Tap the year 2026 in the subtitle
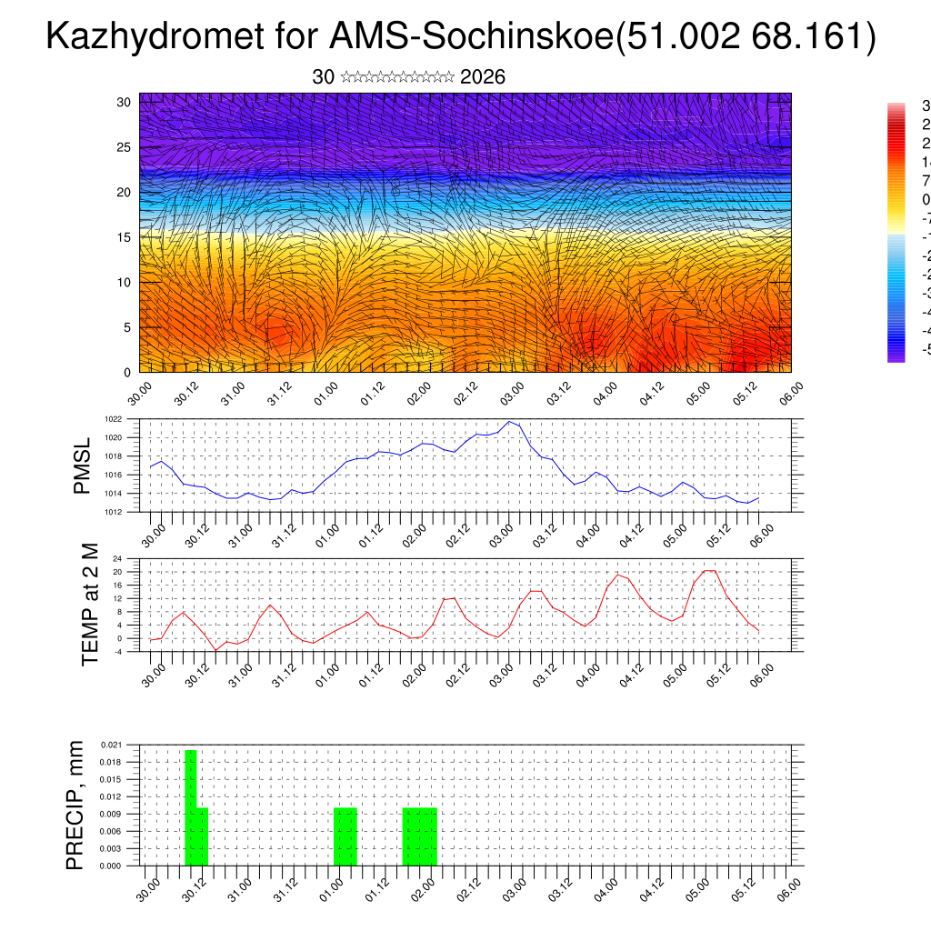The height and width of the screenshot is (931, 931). (x=483, y=77)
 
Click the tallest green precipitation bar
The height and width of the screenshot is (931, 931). (x=191, y=807)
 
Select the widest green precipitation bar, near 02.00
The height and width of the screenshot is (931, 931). (x=420, y=836)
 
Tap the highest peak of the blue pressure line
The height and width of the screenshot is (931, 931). (x=510, y=422)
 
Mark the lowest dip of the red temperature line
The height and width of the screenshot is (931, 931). (x=216, y=650)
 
